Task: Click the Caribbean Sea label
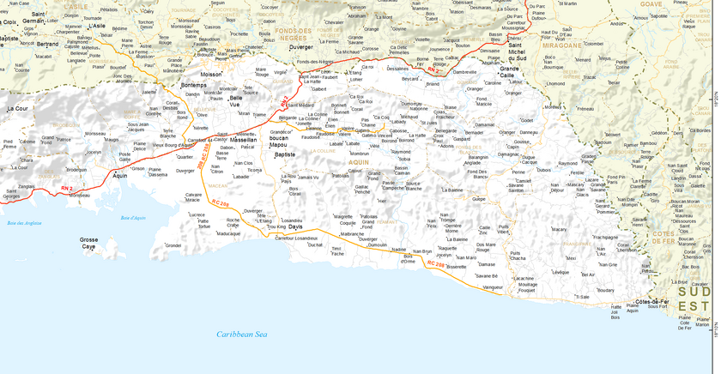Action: pos(242,334)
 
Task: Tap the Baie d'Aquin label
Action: pos(133,218)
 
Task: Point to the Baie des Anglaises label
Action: pos(24,223)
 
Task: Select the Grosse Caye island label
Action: pos(88,243)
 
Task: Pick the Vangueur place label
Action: pos(493,287)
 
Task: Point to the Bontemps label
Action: pos(194,85)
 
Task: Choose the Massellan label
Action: pos(244,139)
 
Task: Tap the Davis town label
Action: pos(295,226)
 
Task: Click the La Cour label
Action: pos(17,109)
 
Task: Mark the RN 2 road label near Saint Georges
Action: pos(67,187)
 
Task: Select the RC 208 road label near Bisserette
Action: pos(435,264)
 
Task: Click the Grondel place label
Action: pos(173,244)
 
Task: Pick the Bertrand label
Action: pos(48,44)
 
